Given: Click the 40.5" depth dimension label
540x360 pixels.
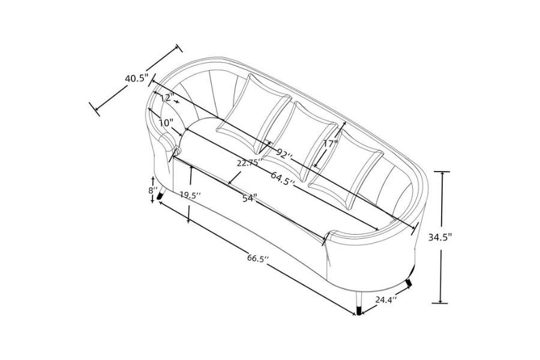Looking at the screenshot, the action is pyautogui.click(x=136, y=79).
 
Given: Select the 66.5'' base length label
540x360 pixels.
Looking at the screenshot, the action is pyautogui.click(x=257, y=259).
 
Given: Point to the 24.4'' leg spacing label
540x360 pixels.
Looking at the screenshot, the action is pyautogui.click(x=386, y=300).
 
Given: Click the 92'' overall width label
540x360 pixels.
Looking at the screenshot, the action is pyautogui.click(x=284, y=154).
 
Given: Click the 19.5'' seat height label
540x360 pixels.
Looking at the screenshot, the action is pyautogui.click(x=190, y=196).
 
